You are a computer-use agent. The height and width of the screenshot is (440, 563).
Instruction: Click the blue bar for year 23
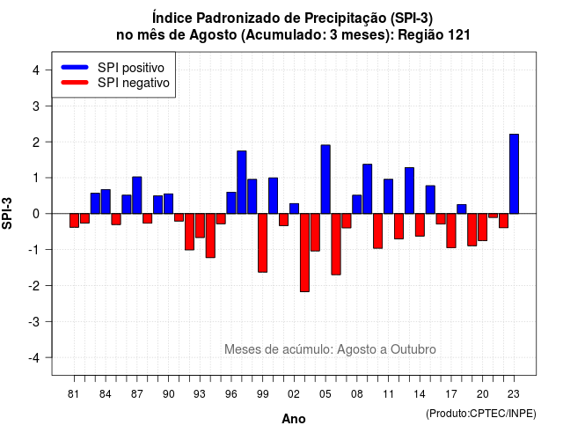pyautogui.click(x=514, y=174)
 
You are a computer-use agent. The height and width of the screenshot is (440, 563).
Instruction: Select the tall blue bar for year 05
pyautogui.click(x=325, y=180)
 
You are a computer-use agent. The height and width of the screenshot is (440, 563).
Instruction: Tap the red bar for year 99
pyautogui.click(x=262, y=243)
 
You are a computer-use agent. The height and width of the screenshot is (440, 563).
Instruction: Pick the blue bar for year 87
pyautogui.click(x=137, y=195)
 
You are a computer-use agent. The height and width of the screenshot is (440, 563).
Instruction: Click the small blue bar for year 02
pyautogui.click(x=294, y=209)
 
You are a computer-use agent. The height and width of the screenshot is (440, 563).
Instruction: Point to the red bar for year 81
pyautogui.click(x=74, y=221)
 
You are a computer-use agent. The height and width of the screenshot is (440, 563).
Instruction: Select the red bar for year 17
pyautogui.click(x=451, y=231)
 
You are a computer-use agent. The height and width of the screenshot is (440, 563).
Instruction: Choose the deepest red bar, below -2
pyautogui.click(x=304, y=253)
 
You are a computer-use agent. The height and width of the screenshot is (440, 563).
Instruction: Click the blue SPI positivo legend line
pyautogui.click(x=75, y=67)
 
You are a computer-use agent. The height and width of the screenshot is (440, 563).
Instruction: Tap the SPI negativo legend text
pyautogui.click(x=134, y=83)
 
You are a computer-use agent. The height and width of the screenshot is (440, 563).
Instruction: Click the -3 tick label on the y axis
pyautogui.click(x=34, y=321)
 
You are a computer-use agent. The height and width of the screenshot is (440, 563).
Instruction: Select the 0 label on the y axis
pyautogui.click(x=36, y=214)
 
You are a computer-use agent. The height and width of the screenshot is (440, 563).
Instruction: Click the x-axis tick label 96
pyautogui.click(x=230, y=394)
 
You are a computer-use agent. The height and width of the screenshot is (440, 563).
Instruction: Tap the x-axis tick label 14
pyautogui.click(x=420, y=394)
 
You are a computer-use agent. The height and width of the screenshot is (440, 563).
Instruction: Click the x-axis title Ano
pyautogui.click(x=294, y=419)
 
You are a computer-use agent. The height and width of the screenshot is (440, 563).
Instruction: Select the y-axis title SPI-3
pyautogui.click(x=7, y=213)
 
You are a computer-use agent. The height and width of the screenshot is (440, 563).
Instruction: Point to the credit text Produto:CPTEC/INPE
pyautogui.click(x=481, y=414)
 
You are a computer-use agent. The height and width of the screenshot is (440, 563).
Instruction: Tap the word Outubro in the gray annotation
pyautogui.click(x=413, y=349)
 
